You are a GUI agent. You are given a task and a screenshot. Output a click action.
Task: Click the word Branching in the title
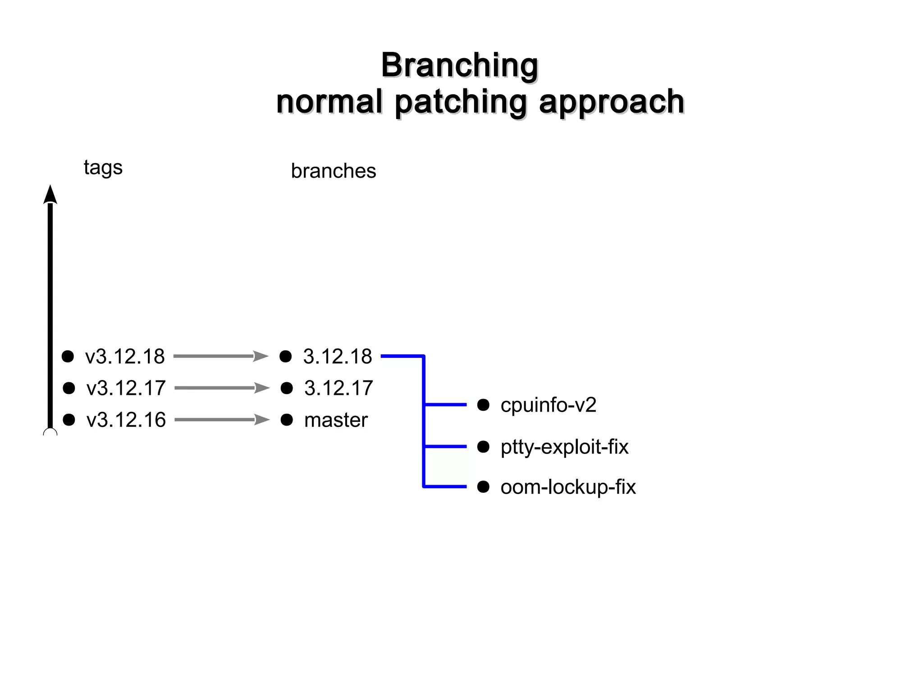point(459,65)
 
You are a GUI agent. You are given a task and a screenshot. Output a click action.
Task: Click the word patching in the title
point(461,102)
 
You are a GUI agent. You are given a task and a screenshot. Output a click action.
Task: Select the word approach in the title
point(612,102)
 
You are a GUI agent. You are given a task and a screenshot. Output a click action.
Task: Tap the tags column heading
point(103,168)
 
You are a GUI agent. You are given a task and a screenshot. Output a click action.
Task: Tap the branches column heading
point(333,171)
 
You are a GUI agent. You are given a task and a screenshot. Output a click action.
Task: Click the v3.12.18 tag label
point(125,357)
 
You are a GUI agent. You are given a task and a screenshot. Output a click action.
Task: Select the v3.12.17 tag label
point(126,388)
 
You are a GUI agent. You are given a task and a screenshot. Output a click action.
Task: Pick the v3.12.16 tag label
point(126,420)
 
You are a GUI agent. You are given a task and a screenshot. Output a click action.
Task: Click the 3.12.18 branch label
point(337,357)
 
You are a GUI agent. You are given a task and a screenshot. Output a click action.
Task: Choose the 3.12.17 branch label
point(338,388)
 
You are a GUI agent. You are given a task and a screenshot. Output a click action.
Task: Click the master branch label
point(336,420)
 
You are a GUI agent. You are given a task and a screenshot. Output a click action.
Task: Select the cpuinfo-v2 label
point(548,405)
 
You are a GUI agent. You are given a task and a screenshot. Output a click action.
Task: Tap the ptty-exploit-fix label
point(564,447)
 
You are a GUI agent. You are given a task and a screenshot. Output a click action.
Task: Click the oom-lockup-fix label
point(568,487)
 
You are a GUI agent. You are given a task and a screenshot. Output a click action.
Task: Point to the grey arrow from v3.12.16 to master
point(216,420)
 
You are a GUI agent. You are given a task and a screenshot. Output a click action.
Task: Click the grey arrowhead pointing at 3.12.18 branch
point(261,357)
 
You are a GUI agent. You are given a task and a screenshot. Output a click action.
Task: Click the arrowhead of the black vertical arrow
point(50,195)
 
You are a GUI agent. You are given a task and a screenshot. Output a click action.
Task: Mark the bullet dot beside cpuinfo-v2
point(483,405)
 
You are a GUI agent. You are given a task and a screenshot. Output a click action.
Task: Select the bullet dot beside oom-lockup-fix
point(483,487)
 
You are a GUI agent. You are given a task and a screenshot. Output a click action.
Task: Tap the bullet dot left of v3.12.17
point(69,388)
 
